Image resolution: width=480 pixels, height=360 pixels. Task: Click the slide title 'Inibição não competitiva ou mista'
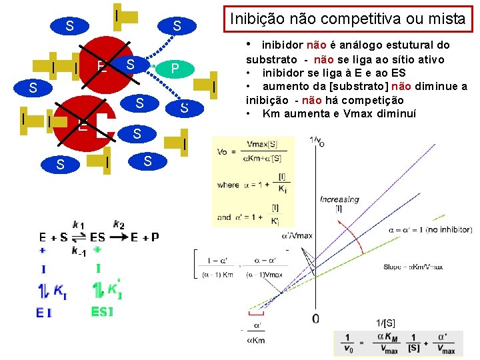(347, 19)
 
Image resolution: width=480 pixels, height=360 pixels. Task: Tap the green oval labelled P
(175, 69)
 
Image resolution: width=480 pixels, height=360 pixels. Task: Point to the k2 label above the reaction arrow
(119, 225)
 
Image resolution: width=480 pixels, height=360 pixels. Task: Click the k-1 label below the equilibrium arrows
(79, 251)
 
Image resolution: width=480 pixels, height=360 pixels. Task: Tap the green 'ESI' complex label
(103, 312)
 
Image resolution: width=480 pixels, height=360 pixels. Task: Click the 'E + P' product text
(144, 237)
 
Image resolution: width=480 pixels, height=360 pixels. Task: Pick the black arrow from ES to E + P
(117, 237)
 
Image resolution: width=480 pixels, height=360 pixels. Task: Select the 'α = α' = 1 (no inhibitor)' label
(430, 230)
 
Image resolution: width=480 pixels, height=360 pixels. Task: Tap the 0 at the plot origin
(315, 319)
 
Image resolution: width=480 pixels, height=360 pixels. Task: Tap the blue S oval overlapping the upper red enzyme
(131, 64)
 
